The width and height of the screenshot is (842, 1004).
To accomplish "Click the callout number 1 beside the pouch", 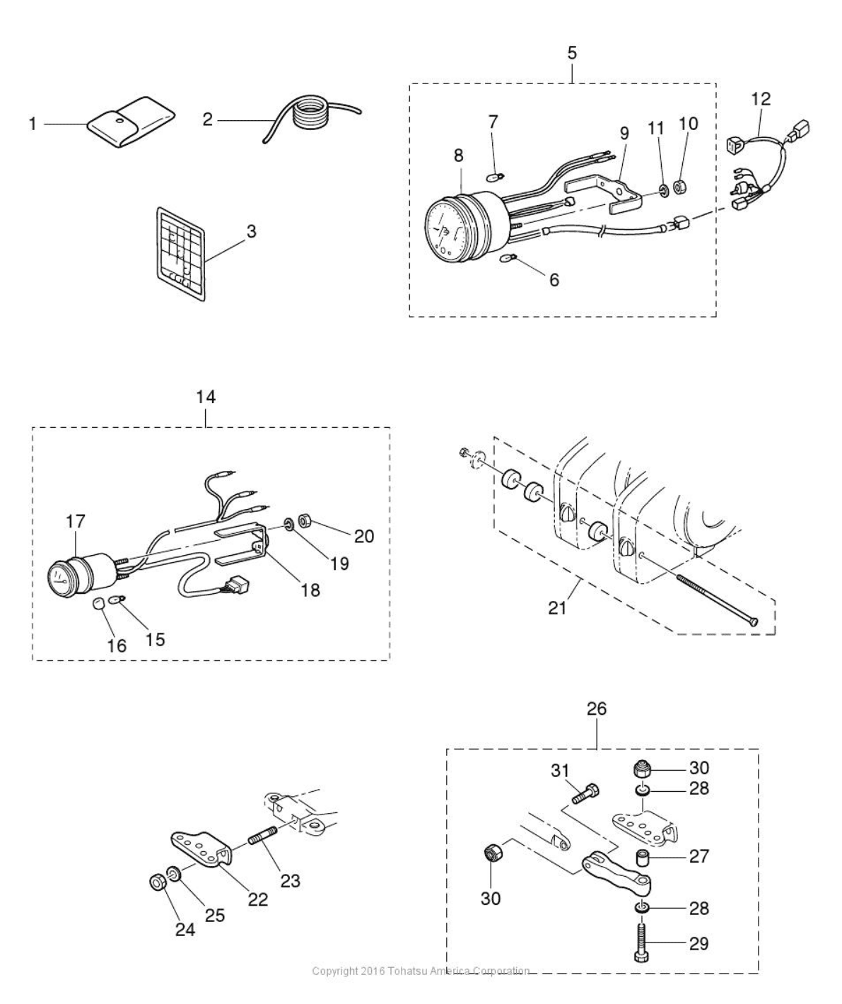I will click(x=33, y=124).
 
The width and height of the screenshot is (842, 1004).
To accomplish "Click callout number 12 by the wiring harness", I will click(x=761, y=99).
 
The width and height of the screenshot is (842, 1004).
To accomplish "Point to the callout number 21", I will click(x=558, y=606).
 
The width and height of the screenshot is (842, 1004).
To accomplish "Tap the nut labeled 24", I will click(x=158, y=883).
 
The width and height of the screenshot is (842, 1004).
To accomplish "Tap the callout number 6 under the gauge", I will click(x=554, y=280).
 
